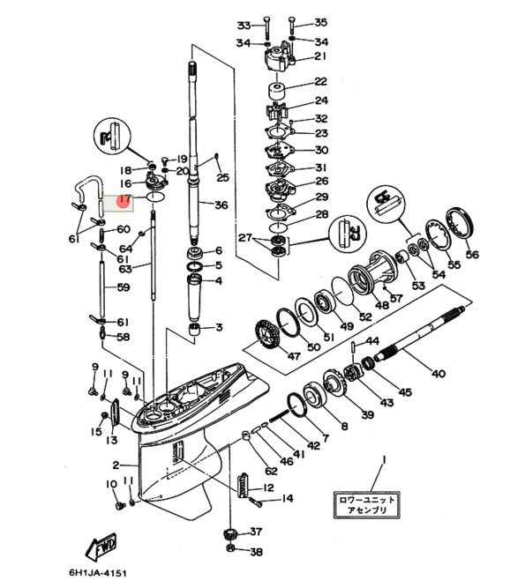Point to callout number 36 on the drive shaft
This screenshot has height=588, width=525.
(221, 205)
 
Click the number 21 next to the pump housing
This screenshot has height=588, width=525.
(319, 57)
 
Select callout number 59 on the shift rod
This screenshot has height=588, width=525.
(124, 287)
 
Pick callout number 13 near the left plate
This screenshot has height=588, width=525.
(112, 440)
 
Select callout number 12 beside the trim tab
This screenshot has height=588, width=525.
(267, 488)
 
